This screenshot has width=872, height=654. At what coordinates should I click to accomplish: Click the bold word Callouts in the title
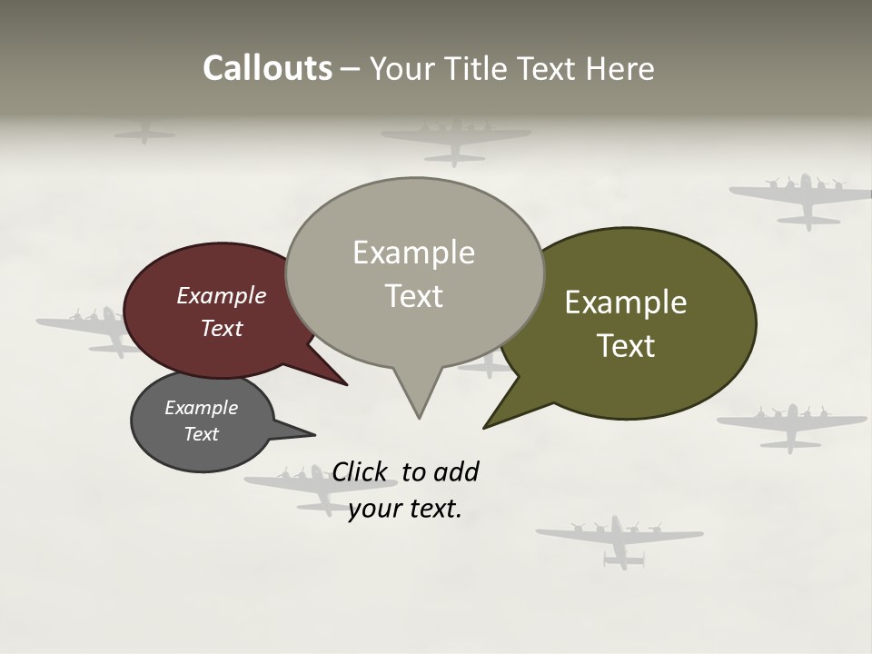[267, 69]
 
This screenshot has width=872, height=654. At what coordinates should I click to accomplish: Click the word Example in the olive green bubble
[626, 302]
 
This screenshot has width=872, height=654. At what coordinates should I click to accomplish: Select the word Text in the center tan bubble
[414, 296]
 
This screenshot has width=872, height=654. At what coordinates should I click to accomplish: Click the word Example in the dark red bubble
[222, 296]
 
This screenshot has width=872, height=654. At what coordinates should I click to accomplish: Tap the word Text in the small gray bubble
[202, 434]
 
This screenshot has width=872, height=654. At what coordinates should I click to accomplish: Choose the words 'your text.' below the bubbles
[405, 509]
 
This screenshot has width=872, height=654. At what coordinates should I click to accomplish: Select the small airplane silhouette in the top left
[144, 134]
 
